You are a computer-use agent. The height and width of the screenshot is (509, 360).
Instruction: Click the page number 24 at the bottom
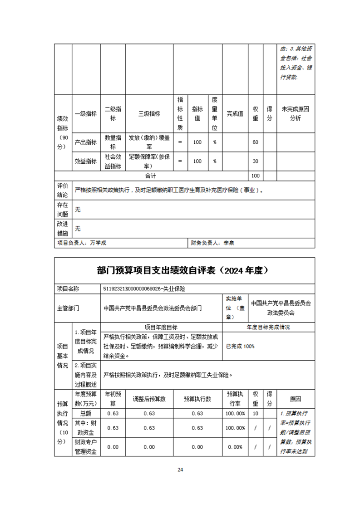click(180, 470)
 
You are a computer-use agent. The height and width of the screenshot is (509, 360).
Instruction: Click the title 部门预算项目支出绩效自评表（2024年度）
click(184, 270)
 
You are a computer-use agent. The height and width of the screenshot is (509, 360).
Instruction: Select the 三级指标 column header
click(149, 114)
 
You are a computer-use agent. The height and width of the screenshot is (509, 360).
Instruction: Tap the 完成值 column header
click(235, 114)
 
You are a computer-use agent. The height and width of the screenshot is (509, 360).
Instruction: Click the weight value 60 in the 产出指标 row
click(255, 142)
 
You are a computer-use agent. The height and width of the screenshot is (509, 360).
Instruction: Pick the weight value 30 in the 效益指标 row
click(255, 161)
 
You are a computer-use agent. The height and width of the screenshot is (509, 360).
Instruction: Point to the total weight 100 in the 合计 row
click(255, 176)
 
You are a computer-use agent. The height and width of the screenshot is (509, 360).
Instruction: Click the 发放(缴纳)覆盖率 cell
click(149, 142)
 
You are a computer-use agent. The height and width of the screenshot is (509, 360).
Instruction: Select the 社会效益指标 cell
click(113, 161)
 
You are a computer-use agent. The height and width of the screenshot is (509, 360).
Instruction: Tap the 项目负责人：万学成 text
click(82, 243)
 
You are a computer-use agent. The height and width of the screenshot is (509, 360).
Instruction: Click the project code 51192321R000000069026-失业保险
click(144, 288)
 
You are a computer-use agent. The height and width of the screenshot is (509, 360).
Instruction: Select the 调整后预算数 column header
click(149, 399)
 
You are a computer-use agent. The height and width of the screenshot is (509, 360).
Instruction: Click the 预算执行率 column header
click(235, 399)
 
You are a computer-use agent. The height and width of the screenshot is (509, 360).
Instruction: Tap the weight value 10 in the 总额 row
click(255, 413)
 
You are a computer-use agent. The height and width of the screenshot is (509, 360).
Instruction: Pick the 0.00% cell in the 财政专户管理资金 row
click(235, 447)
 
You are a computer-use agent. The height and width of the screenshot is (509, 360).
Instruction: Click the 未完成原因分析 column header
click(295, 114)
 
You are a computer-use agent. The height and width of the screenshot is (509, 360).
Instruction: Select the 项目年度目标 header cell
click(161, 327)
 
